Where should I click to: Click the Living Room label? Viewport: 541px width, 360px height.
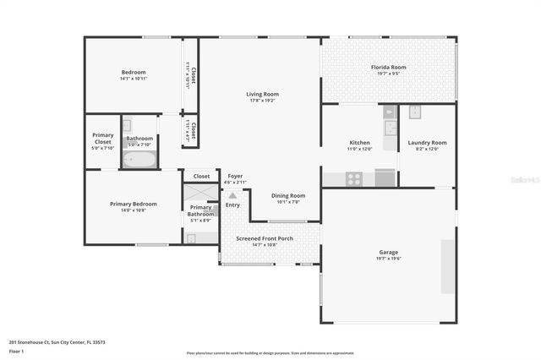pos(262,94)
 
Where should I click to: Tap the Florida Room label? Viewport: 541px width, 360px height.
pos(388,67)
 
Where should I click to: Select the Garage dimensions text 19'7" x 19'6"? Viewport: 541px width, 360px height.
pos(388,259)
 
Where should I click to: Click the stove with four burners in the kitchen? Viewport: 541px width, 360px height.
pos(354,178)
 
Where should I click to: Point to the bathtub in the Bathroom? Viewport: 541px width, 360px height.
pos(140,159)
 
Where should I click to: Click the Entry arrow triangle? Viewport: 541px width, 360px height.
pos(232,195)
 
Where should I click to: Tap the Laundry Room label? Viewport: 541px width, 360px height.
pos(427,142)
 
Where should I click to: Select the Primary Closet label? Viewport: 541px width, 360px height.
pos(103,139)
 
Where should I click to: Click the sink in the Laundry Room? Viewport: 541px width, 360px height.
pos(415,112)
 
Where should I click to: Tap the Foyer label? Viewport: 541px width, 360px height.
pos(235,176)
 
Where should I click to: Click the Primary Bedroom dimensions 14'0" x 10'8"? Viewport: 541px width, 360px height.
pos(133,210)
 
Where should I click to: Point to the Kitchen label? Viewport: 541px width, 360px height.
pos(360,142)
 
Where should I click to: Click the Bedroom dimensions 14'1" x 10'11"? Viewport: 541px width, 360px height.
pos(134,79)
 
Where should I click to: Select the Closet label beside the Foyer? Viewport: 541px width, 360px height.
pos(201,176)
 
